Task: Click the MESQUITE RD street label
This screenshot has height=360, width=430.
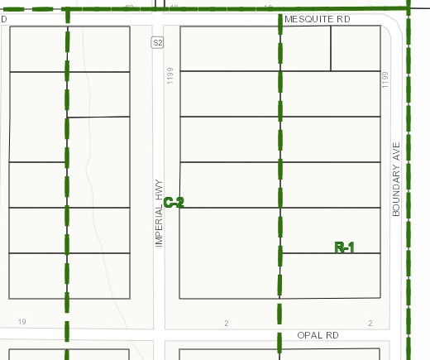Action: (318, 18)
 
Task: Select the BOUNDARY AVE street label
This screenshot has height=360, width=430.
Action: (396, 184)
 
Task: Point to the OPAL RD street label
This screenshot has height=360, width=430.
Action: (318, 336)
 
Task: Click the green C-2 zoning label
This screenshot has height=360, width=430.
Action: (174, 202)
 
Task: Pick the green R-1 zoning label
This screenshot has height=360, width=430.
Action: (344, 247)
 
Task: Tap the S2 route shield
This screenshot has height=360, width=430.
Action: (157, 41)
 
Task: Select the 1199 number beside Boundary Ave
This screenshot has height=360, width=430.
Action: (385, 81)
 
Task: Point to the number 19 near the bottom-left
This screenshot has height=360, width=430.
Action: (21, 322)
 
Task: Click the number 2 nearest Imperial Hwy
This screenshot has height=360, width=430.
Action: (225, 323)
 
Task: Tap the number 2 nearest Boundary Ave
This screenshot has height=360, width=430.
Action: (370, 323)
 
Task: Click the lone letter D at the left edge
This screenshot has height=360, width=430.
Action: (3, 18)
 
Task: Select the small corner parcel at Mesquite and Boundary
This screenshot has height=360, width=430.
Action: (356, 48)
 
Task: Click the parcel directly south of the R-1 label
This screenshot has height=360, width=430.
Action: (331, 276)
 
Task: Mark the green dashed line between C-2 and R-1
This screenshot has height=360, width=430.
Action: (279, 166)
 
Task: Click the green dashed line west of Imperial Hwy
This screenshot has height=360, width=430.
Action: (67, 166)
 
